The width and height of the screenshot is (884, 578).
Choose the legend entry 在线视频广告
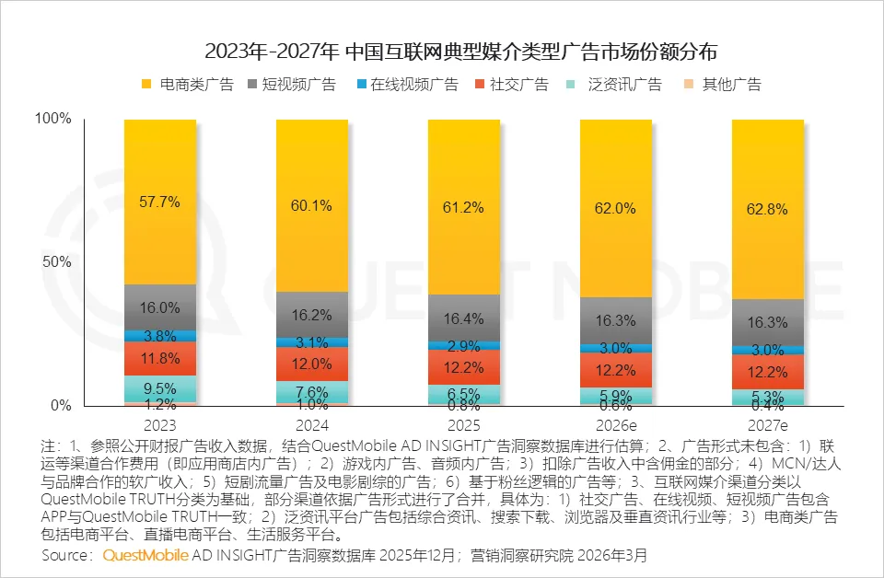[x=404, y=85]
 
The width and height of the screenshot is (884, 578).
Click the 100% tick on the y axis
[x=52, y=119]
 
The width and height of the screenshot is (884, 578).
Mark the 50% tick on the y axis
[x=57, y=262]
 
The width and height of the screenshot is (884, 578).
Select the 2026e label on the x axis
[x=615, y=426]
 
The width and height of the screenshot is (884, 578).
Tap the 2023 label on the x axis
[x=160, y=426]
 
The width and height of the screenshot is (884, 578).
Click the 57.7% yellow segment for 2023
[x=160, y=202]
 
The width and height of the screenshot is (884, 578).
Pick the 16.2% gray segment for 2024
[x=312, y=315]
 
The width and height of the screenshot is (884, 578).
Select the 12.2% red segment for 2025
[x=464, y=366]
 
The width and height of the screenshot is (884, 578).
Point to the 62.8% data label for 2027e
[x=768, y=209]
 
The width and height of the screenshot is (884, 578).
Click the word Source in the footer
[x=65, y=556]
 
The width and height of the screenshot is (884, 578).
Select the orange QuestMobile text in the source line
[x=145, y=556]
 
